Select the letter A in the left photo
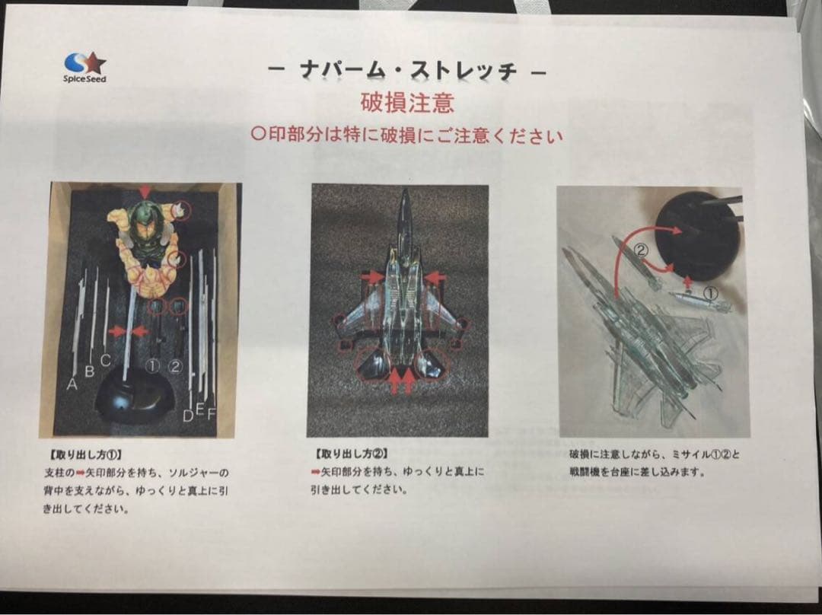pyautogui.click(x=72, y=384)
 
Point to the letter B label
pyautogui.click(x=89, y=371)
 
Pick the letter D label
pyautogui.click(x=187, y=416)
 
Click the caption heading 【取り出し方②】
pyautogui.click(x=341, y=454)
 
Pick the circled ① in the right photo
pyautogui.click(x=709, y=292)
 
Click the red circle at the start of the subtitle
pyautogui.click(x=258, y=136)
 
